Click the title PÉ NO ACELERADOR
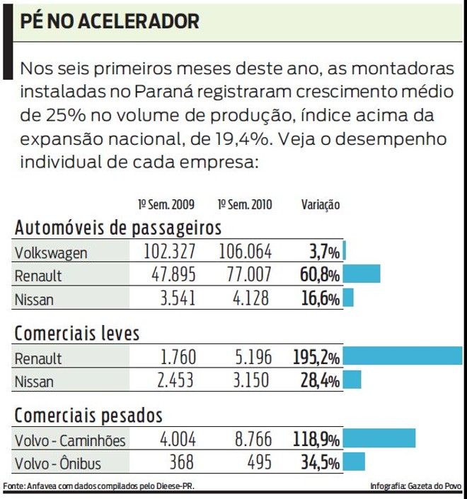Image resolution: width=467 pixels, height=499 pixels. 110,20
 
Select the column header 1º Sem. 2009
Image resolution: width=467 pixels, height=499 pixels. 166,205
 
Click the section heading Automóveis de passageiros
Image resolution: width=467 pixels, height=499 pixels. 118,228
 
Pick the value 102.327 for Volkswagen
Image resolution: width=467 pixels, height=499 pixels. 170,252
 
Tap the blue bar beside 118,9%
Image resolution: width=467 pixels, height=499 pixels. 379,440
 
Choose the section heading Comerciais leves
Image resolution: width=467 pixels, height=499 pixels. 77,334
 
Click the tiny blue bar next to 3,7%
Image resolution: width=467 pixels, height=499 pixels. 345,252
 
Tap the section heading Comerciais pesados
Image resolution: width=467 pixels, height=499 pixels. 88,415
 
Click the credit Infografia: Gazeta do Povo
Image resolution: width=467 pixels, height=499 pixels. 415,486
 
